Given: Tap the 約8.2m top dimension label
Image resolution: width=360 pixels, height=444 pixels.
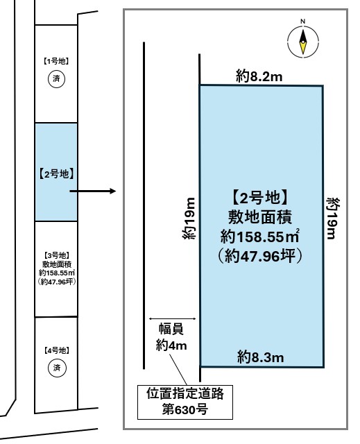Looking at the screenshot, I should click(x=259, y=78).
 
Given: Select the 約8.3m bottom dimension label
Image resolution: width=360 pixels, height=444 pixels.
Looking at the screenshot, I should click(x=260, y=357).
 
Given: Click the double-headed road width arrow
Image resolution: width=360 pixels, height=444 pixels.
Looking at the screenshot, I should click(x=173, y=318).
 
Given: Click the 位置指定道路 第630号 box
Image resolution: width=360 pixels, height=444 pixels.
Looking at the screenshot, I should click(x=185, y=402).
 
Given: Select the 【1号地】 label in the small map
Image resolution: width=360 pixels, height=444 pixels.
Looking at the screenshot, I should click(x=56, y=61).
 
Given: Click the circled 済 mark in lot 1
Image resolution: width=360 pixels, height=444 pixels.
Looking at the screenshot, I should click(x=56, y=79).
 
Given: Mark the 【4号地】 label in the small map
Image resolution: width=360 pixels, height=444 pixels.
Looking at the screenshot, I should click(x=56, y=351).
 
